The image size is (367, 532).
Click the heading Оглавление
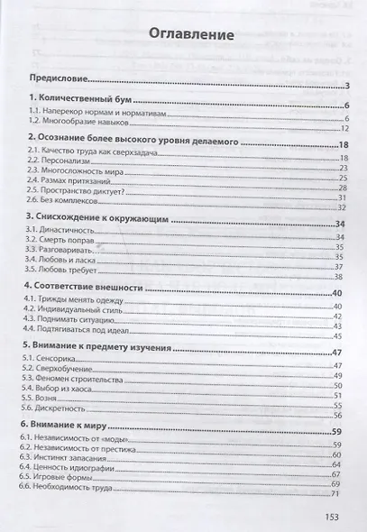click(x=188, y=37)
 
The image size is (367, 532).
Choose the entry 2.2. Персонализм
click(x=59, y=158)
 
